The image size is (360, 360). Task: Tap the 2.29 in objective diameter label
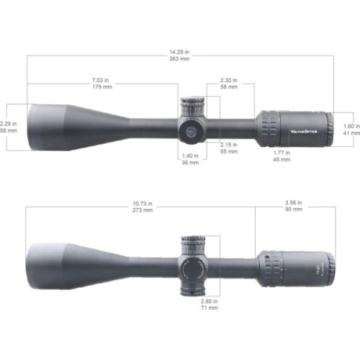click(x=9, y=116)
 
